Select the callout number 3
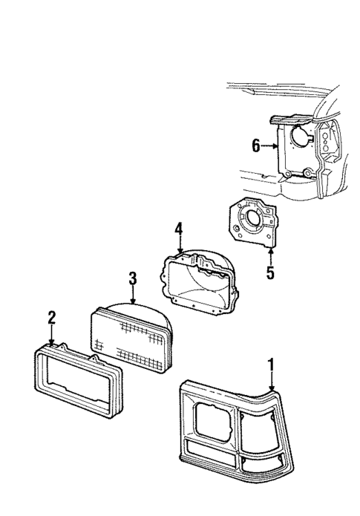point(132,280)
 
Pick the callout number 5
point(270,273)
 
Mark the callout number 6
point(255,146)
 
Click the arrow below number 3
point(132,298)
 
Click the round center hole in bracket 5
point(248,221)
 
